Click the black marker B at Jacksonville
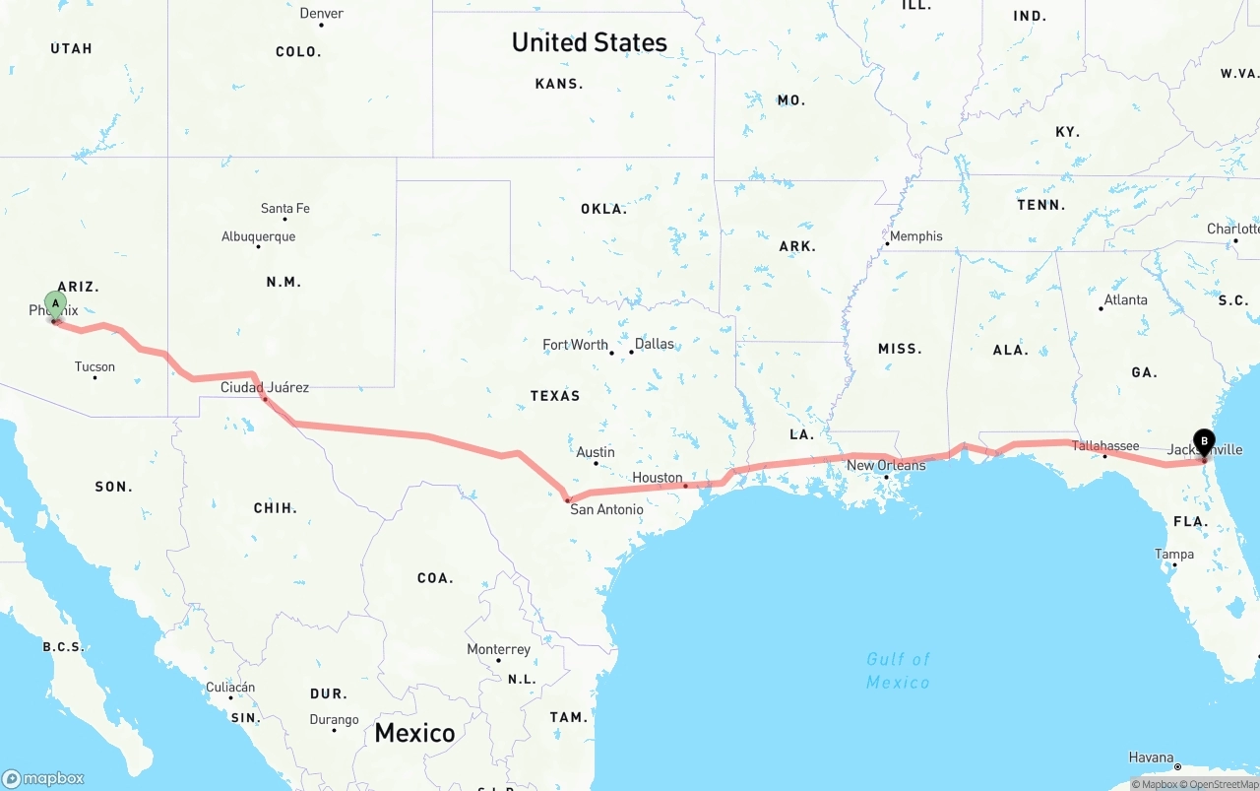pos(1203,442)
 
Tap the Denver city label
pos(322,13)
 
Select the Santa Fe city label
pos(284,208)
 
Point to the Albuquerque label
pos(258,236)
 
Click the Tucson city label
pos(94,366)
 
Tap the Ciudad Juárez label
pos(264,387)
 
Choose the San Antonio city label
pos(606,509)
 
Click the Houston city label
pos(657,478)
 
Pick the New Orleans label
pos(886,465)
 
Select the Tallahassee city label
pos(1104,446)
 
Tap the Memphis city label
pos(915,236)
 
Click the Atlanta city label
pos(1125,299)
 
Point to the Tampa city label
pos(1174,554)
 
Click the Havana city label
pos(1151,758)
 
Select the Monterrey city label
pos(498,649)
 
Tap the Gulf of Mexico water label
pos(898,671)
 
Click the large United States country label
pos(589,42)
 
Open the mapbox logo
pos(43,778)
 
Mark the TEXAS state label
pos(555,395)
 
